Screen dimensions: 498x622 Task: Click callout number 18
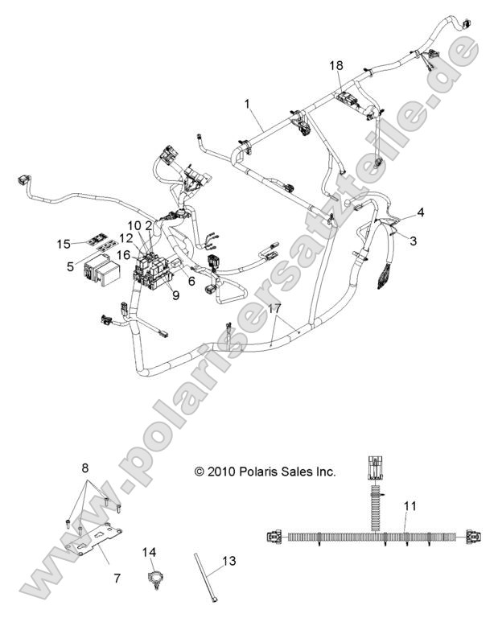(x=336, y=65)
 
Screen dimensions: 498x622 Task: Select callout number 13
(x=228, y=561)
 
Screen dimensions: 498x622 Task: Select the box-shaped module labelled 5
(x=101, y=270)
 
